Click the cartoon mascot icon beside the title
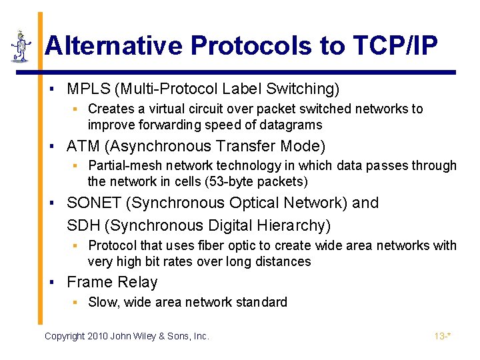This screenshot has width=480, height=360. pyautogui.click(x=21, y=46)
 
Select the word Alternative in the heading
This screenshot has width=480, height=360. pyautogui.click(x=113, y=46)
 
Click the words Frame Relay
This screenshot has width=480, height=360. pyautogui.click(x=112, y=282)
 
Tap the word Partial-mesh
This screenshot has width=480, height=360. pyautogui.click(x=125, y=165)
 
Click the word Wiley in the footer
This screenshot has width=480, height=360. pyautogui.click(x=150, y=336)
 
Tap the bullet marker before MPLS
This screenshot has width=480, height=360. pyautogui.click(x=52, y=89)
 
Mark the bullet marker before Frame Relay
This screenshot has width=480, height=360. pyautogui.click(x=52, y=283)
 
